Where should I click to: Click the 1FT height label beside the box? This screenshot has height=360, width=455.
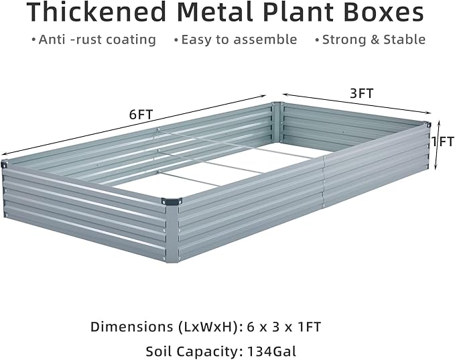[x=443, y=142]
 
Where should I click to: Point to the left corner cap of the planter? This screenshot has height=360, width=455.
[x=4, y=164]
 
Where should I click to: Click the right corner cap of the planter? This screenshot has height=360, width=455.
[x=426, y=125]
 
